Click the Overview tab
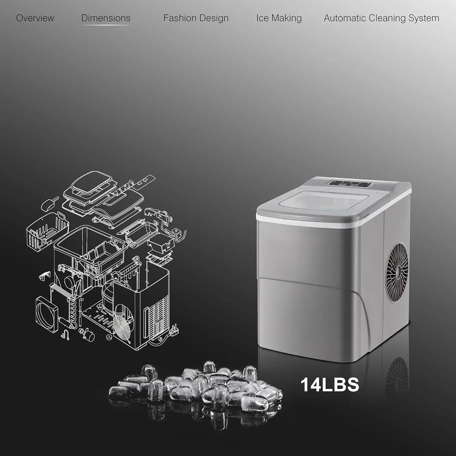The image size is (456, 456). (x=35, y=18)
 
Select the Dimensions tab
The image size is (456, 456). (x=106, y=18)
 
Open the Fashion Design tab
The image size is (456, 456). (x=196, y=18)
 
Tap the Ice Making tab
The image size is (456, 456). (x=279, y=18)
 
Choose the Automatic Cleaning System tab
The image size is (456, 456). (x=381, y=18)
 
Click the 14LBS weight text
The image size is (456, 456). (x=330, y=384)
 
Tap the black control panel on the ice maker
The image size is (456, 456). (x=350, y=183)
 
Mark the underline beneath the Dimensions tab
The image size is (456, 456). (x=106, y=25)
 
